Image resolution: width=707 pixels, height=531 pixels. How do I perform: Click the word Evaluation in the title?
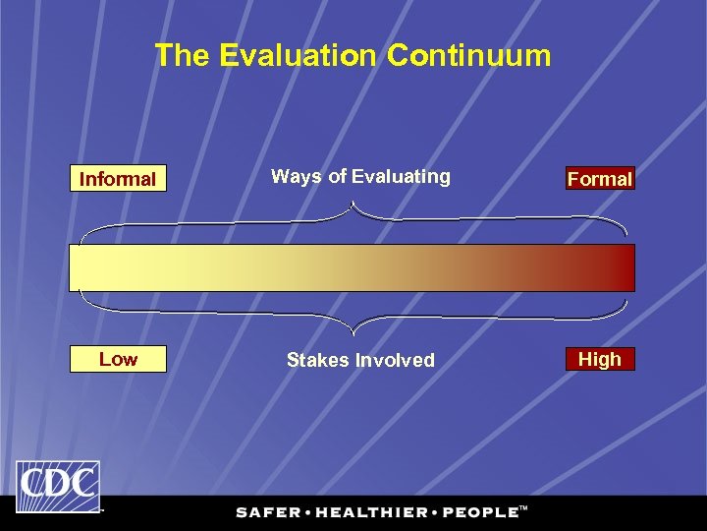coord(298,56)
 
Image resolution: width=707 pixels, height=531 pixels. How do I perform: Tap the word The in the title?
coord(184,56)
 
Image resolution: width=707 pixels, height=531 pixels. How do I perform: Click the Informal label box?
coord(118,179)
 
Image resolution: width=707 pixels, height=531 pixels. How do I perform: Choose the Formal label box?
coord(599,179)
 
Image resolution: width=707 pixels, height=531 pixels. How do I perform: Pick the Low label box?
coord(118,359)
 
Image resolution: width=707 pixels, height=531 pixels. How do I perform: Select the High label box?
coord(599,359)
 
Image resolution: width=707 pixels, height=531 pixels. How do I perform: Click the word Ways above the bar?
coord(296,177)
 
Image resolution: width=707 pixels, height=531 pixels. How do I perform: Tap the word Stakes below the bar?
coord(316,360)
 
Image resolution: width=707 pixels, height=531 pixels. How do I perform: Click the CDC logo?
coord(57,486)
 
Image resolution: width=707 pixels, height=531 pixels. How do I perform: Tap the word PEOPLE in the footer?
coord(480,512)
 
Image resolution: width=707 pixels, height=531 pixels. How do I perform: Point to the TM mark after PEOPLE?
coord(523,508)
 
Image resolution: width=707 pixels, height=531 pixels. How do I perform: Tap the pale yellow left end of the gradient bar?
coord(88,267)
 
